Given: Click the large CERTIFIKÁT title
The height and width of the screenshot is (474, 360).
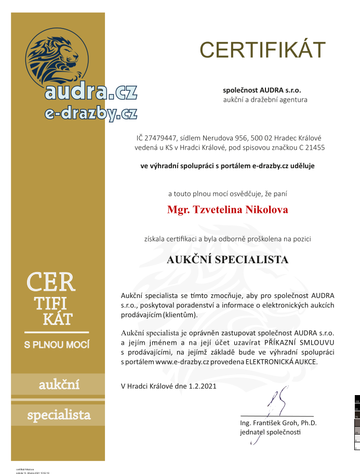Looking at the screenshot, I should pos(263,50).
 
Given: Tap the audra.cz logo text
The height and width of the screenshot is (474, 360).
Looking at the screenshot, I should pos(90,91).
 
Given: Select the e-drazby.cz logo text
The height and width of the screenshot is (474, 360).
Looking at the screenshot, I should pos(90,113).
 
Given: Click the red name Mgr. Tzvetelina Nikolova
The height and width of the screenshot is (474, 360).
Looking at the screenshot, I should pos(227,210).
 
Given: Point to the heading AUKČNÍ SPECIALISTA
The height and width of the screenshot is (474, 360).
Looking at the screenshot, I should pos(227,260).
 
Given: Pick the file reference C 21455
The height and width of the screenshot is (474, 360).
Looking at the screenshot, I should pos(312,148).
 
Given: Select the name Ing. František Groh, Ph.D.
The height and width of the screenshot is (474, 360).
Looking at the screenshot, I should pos(278,423).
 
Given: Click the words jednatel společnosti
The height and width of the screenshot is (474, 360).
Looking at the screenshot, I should pos(270,432).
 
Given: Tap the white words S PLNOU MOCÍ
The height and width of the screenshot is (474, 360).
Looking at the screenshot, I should pos(58,344).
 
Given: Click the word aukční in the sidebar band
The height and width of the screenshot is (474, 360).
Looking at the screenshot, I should pos(59,385).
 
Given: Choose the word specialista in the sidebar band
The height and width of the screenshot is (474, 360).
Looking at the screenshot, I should pos(59,415).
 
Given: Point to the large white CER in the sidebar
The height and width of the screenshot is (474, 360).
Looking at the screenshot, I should pos(51,282).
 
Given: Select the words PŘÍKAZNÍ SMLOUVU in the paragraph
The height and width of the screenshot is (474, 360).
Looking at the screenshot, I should pos(300,343).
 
